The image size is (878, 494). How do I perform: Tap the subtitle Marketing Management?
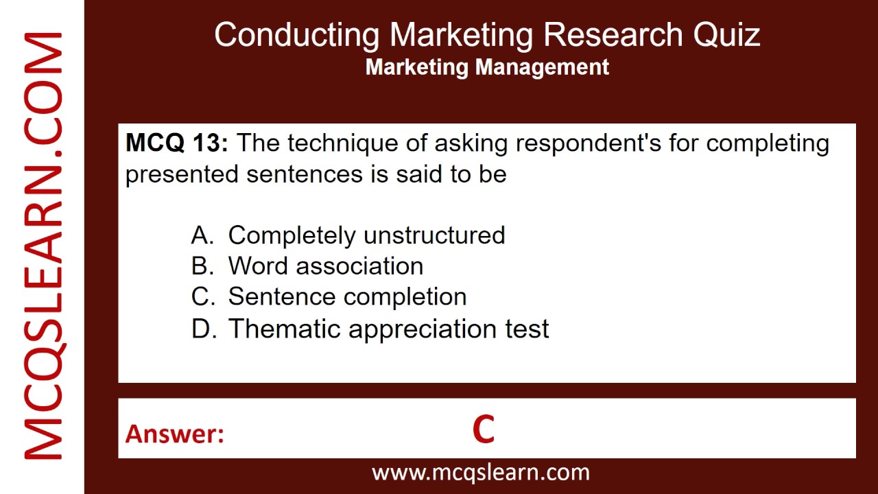click(487, 67)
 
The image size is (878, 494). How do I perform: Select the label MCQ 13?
click(176, 143)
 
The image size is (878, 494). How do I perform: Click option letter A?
click(202, 235)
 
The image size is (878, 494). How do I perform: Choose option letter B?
click(202, 266)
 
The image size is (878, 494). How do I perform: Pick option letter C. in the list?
click(203, 297)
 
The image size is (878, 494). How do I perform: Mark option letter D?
click(203, 329)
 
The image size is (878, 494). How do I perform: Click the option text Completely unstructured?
click(366, 235)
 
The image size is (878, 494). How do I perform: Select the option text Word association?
click(325, 266)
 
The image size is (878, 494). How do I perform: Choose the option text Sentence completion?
click(347, 297)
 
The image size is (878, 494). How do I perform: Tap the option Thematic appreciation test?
click(388, 329)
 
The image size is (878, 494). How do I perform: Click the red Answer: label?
click(174, 434)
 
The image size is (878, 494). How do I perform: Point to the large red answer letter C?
click(483, 430)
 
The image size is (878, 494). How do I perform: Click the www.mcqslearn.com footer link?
click(480, 472)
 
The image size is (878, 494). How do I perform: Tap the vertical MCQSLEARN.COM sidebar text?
click(43, 247)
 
